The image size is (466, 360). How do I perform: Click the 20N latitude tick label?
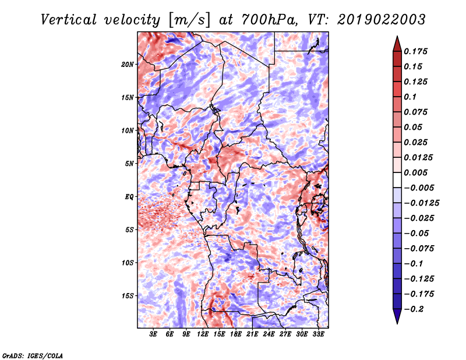click(128, 64)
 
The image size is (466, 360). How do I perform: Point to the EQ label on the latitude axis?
click(129, 196)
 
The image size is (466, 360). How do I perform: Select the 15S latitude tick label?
click(128, 295)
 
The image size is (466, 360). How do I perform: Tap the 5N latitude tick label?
click(129, 163)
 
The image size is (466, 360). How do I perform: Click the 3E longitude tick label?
click(154, 334)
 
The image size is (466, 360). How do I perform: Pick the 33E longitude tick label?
click(318, 334)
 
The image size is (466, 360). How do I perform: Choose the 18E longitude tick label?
click(236, 334)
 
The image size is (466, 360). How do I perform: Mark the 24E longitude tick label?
click(269, 334)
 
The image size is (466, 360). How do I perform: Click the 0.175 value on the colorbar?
click(416, 51)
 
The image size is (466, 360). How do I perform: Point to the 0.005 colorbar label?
click(416, 172)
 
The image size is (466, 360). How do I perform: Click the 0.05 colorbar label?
click(414, 127)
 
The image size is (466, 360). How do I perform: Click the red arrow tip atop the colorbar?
click(396, 41)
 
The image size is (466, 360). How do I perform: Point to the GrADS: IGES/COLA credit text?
click(32, 355)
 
